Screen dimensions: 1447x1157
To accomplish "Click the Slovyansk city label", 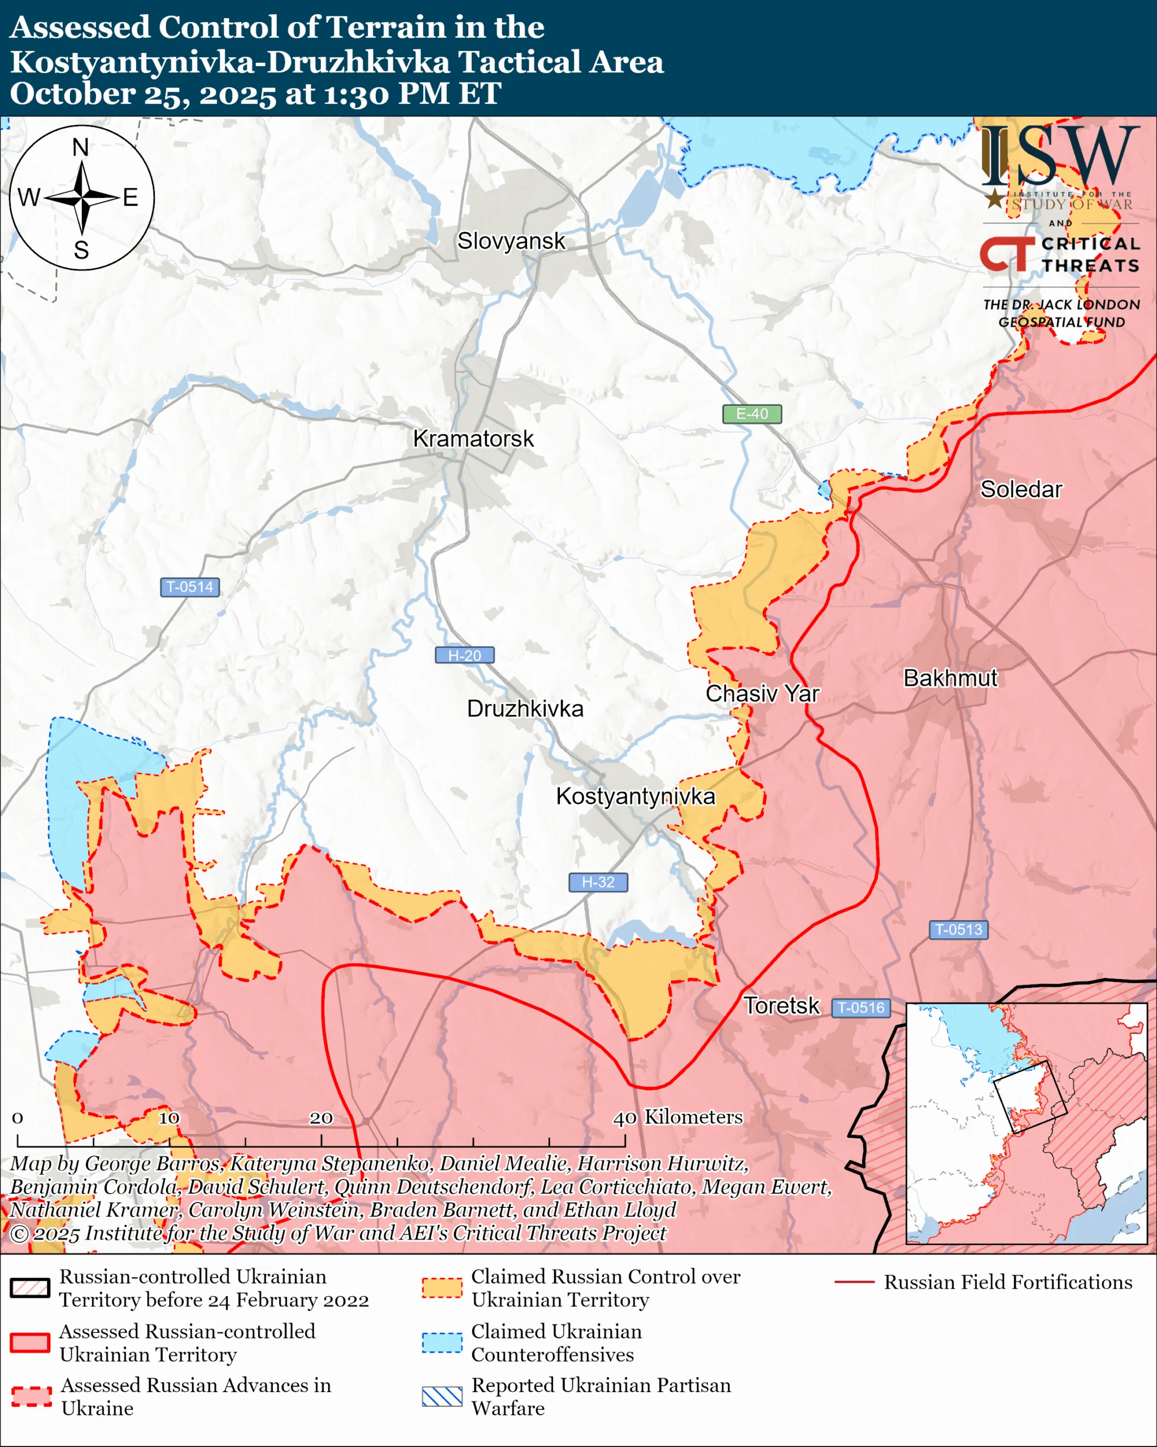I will coord(511,241).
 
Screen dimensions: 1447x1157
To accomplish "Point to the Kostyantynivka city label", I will coord(635,796).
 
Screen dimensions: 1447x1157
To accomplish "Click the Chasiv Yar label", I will coord(762,694).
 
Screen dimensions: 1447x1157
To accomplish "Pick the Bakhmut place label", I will coord(950,678).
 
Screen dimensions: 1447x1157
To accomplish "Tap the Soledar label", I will coord(1021,489).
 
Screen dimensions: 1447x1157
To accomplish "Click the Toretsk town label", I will coord(781,1006).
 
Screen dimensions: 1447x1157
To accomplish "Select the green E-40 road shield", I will coord(752,414).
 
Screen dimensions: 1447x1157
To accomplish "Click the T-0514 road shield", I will coord(190,587).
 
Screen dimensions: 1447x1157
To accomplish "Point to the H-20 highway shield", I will coord(464,655).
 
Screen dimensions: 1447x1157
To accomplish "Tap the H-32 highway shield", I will coord(598,882).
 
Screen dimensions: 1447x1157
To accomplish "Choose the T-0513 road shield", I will coord(959,930).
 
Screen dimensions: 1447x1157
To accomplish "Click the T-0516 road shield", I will coord(861,1007).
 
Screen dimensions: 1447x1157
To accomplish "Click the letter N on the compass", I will coord(80,147).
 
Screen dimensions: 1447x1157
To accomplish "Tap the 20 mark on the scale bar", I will coord(321,1117).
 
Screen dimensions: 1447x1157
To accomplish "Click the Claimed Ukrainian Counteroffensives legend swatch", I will coord(442,1342).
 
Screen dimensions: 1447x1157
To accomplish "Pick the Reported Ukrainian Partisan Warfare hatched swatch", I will coord(442,1396).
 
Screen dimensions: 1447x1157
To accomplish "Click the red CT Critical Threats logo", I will coord(1006,254).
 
